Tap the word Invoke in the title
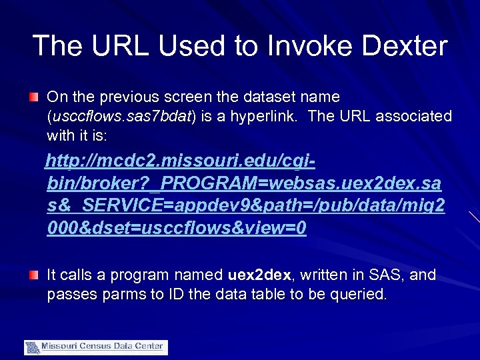pos(303,45)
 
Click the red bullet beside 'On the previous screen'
pos(33,98)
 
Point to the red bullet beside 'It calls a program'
pos(33,275)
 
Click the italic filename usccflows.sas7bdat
pos(121,117)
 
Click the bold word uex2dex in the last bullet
pos(259,275)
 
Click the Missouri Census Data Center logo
pos(96,347)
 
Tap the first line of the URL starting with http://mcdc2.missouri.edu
pos(180,161)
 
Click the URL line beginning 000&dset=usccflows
pos(177,228)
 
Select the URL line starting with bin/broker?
pos(244,183)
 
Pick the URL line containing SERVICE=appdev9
pos(246,206)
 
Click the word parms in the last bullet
pos(122,294)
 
